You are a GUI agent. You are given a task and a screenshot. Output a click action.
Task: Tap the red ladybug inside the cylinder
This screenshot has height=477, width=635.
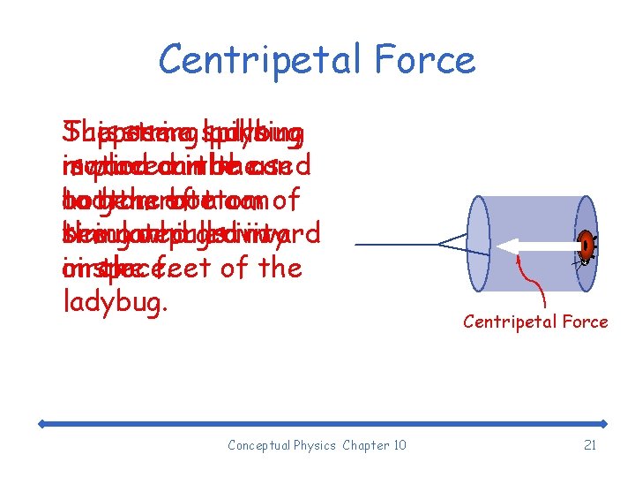[586, 245]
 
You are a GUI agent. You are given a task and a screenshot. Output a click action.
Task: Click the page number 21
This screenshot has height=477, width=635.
[590, 445]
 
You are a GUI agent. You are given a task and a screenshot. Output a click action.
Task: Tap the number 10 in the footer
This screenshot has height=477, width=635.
[399, 445]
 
